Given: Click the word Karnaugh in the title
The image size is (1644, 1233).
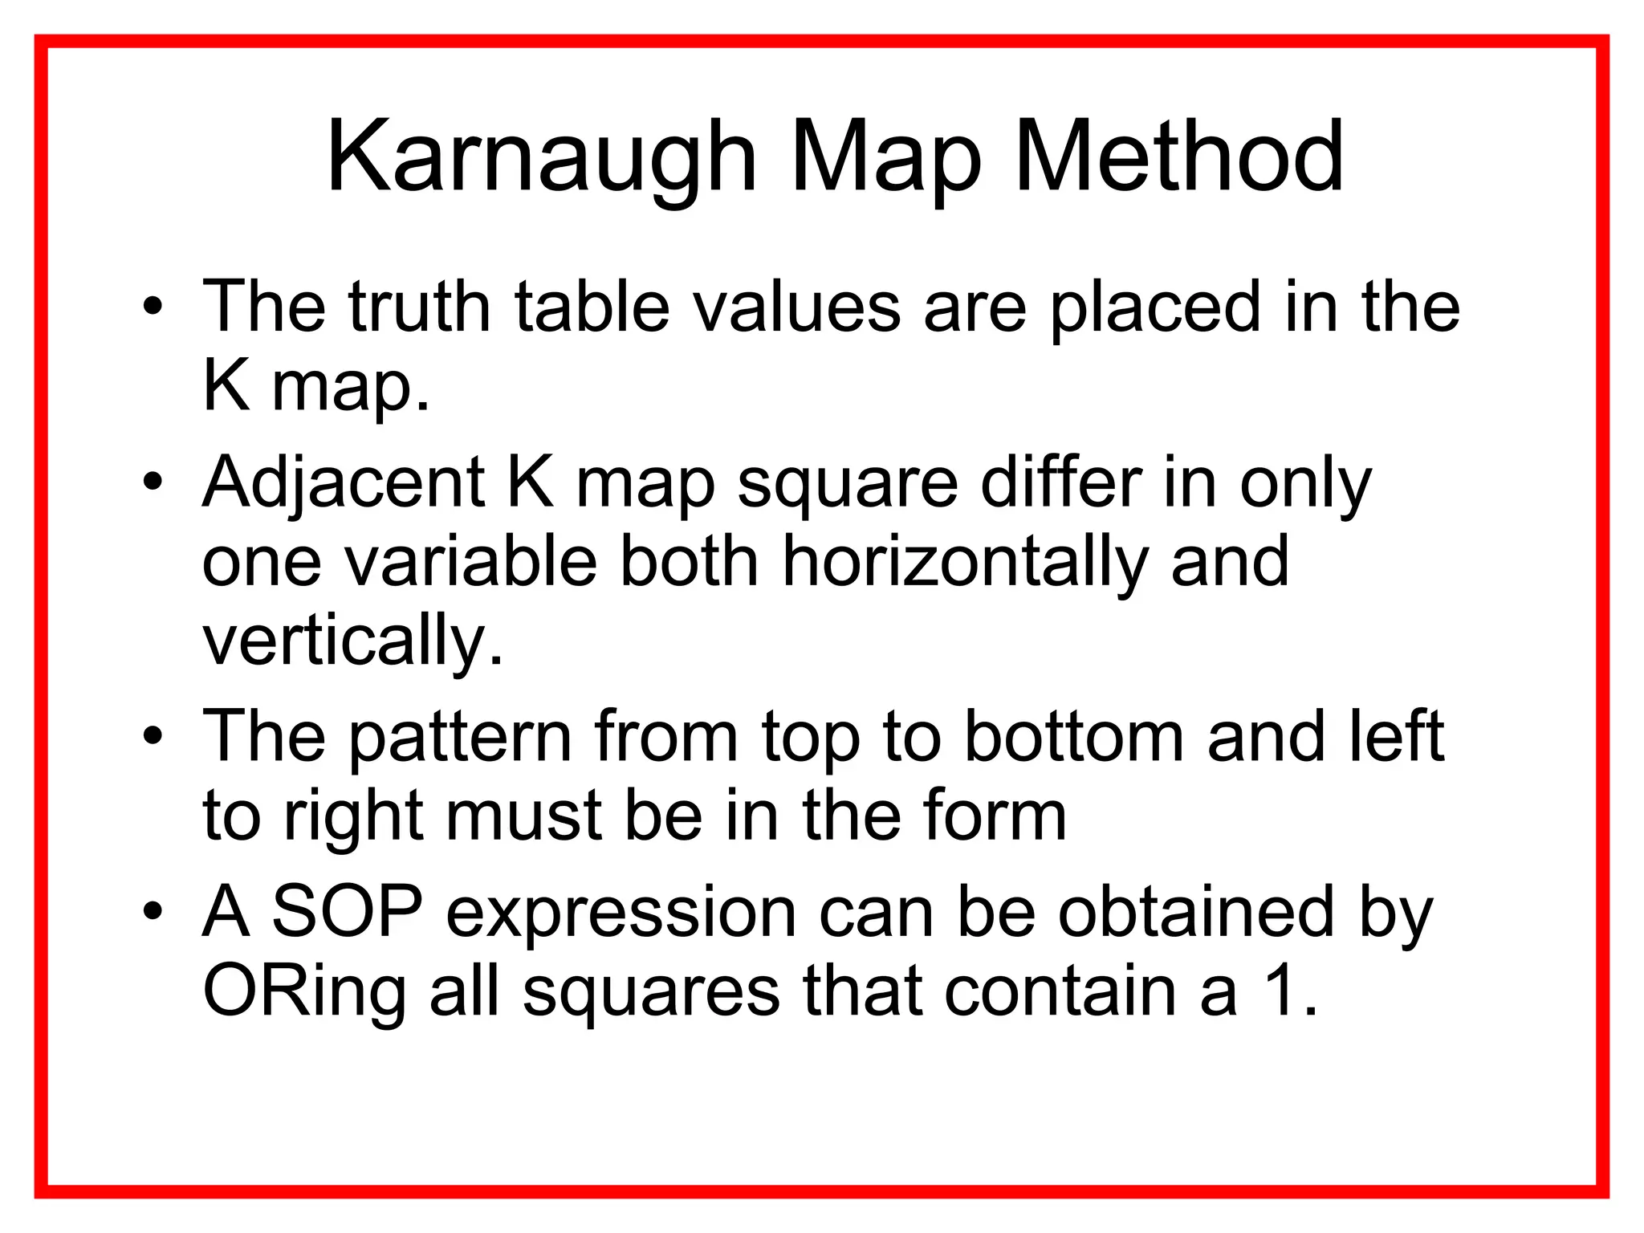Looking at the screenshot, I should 542,157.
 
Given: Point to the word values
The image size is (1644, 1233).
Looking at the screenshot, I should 797,307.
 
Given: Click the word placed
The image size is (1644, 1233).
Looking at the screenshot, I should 1154,307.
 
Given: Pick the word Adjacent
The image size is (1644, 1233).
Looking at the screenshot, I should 344,484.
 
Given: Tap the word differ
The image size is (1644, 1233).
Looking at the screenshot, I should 1060,482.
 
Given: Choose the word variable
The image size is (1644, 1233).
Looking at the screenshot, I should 471,562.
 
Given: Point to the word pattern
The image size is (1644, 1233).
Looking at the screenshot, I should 460,737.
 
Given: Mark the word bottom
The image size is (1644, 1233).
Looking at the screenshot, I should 1074,737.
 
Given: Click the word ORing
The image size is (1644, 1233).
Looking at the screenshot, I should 304,992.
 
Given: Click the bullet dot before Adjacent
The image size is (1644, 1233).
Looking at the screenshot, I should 153,484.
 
